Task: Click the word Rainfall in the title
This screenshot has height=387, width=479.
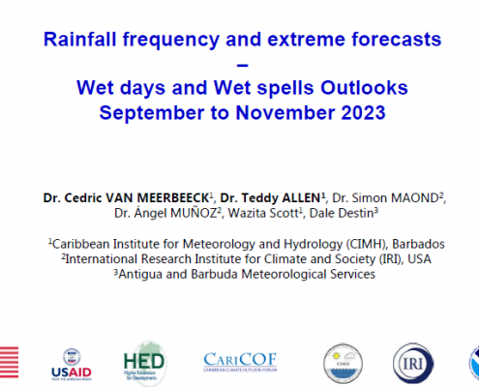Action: click(79, 39)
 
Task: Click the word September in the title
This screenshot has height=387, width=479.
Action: click(152, 113)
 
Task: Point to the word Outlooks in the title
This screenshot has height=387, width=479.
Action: click(364, 88)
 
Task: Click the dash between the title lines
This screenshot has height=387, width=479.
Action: click(242, 66)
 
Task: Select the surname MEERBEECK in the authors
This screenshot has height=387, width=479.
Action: click(173, 197)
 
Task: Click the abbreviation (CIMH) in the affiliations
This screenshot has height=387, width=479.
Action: click(367, 244)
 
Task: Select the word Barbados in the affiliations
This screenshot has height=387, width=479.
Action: click(418, 244)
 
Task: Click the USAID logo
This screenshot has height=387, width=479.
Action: click(72, 365)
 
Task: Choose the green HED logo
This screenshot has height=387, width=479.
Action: click(144, 364)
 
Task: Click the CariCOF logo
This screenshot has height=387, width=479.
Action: click(240, 362)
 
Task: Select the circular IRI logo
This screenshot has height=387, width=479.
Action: click(413, 364)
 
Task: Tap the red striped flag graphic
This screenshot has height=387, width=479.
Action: click(9, 362)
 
